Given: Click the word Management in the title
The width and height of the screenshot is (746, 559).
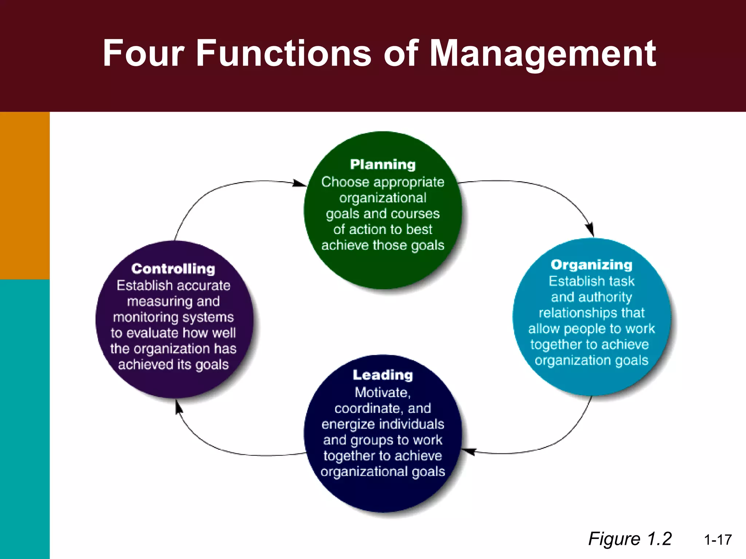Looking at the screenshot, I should coord(543,54).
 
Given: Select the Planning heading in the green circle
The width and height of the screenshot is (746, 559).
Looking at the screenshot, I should coord(382,164).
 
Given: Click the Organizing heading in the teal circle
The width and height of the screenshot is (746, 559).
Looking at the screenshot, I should coord(591,265).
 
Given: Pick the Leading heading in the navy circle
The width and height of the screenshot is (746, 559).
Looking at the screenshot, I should coord(382,375).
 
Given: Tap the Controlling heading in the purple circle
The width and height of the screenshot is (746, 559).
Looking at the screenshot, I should coord(173,269).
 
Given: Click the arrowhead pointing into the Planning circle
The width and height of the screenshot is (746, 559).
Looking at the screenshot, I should coord(300,183).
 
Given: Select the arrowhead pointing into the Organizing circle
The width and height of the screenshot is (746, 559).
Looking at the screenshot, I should coord(590,230).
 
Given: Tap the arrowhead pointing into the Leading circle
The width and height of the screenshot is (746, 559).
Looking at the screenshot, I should coord(468,451).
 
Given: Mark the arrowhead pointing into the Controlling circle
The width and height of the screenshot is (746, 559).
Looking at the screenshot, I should coord(178,407).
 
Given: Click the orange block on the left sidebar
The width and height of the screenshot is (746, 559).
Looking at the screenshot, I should coord(25,195).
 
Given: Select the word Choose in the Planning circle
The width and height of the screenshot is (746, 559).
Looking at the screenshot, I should coord(340,182).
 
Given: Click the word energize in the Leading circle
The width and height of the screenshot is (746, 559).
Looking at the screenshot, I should coord(348,424).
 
